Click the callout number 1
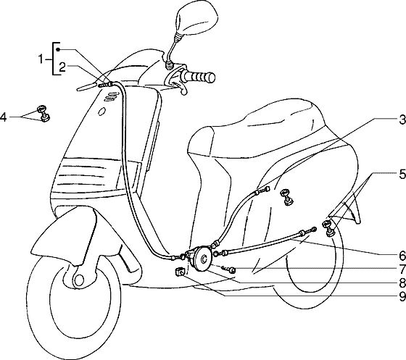(x=41, y=59)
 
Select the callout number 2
(x=62, y=67)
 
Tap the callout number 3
(x=402, y=120)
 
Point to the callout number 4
(x=4, y=117)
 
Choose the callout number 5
(x=402, y=174)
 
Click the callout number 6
(x=402, y=256)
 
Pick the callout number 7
(x=402, y=269)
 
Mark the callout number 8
(x=402, y=283)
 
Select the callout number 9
(x=402, y=297)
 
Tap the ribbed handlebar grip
(x=198, y=76)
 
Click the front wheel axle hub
(x=79, y=280)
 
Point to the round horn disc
(x=202, y=259)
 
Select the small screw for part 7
(x=229, y=269)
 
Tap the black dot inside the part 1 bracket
(x=59, y=49)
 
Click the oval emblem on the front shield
(x=101, y=112)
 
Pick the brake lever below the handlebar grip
(x=179, y=87)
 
